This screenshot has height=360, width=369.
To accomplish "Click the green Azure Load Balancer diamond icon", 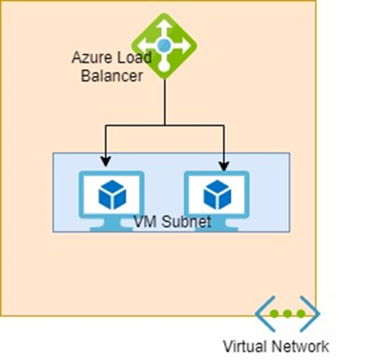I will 164,46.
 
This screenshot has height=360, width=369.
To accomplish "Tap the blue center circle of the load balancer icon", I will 164,46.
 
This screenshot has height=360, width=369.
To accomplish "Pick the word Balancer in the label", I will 112,76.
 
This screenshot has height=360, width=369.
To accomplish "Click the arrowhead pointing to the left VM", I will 105,161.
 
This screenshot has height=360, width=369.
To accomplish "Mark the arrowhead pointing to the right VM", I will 224,166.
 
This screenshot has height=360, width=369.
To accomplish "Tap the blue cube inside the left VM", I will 112,194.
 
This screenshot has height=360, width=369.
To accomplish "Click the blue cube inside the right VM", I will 217,194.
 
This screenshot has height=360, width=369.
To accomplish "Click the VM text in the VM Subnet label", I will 143,222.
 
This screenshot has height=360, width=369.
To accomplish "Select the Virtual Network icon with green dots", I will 287,313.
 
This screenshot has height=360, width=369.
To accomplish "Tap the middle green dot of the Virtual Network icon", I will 287,313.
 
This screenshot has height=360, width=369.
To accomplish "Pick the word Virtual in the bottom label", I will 246,346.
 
